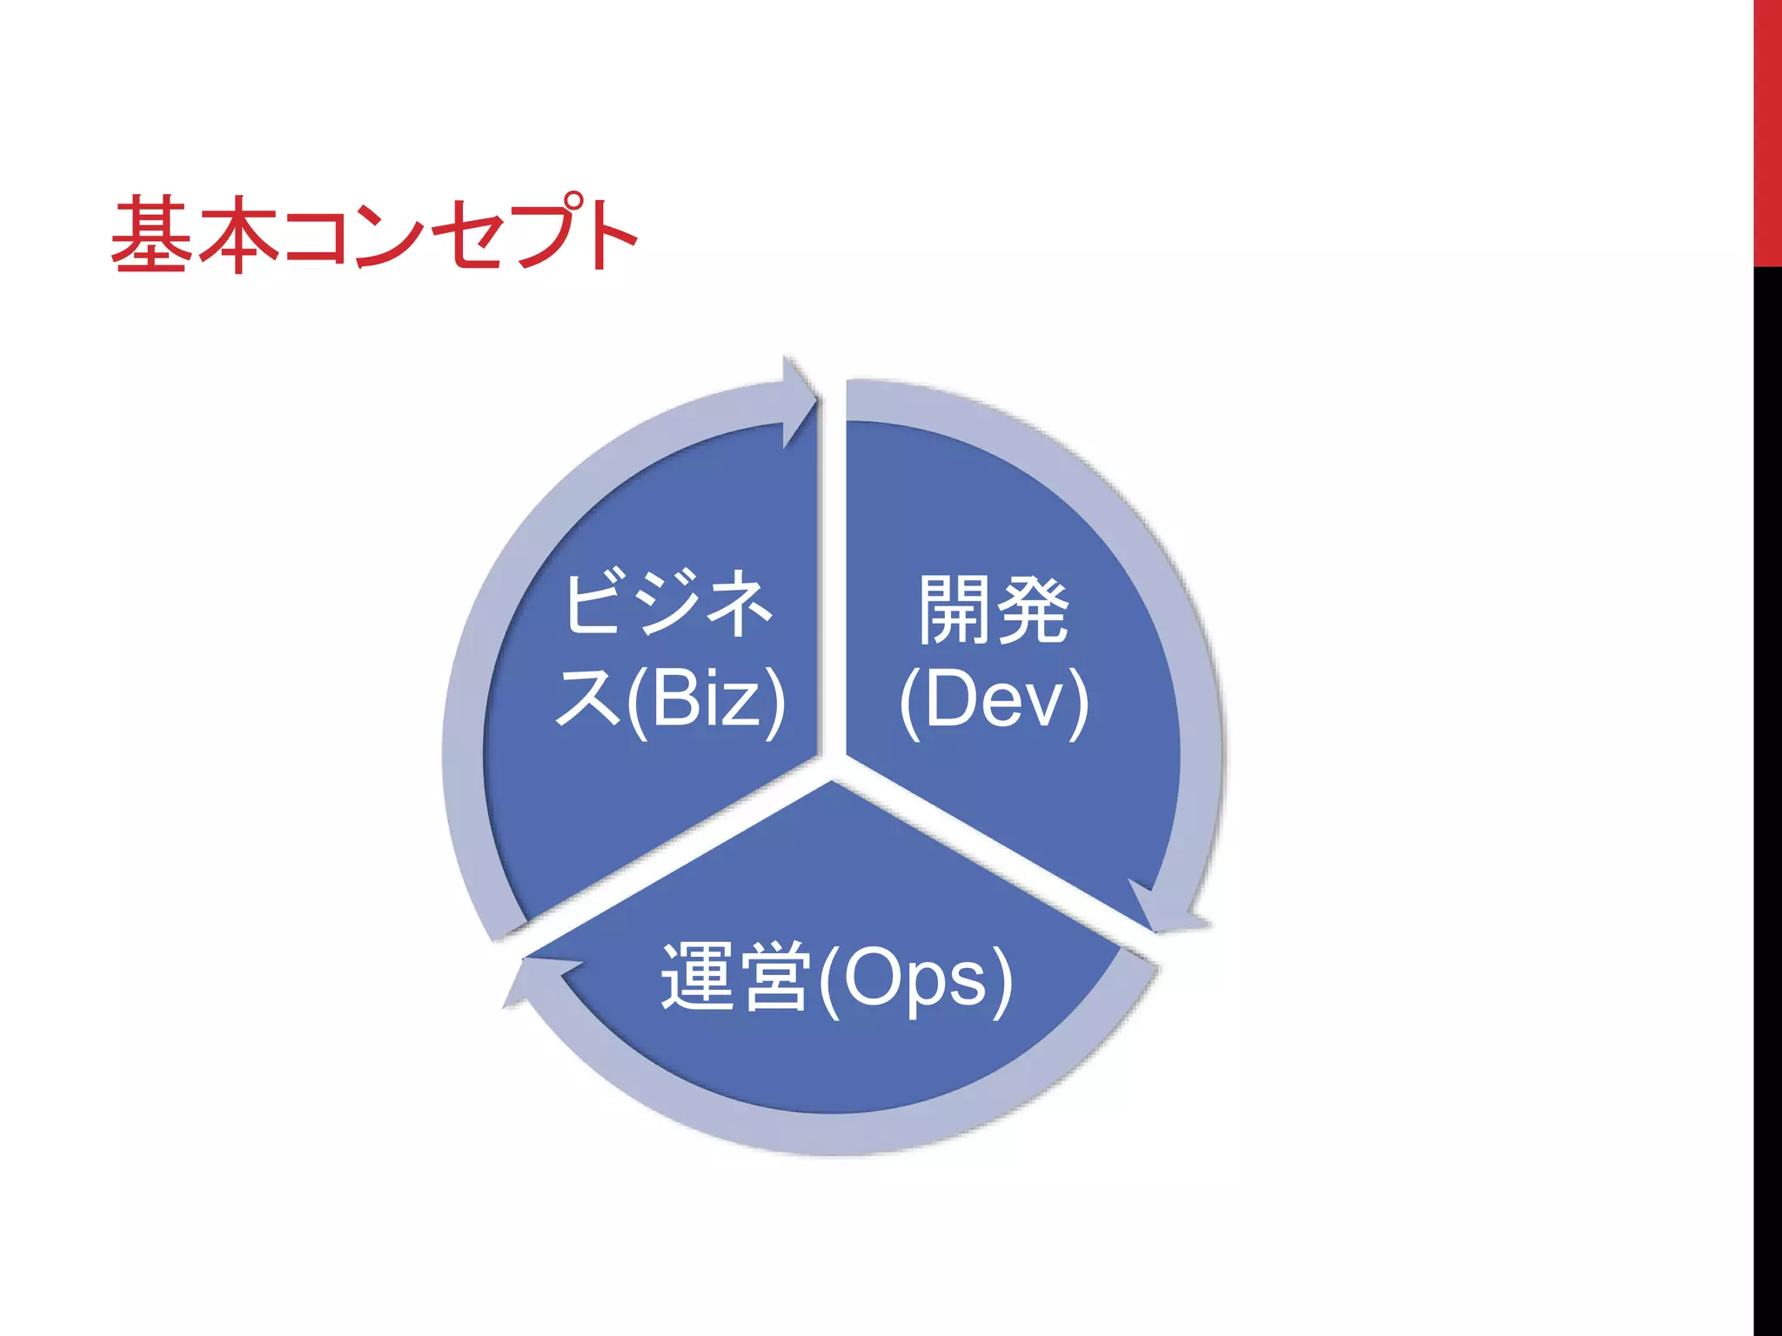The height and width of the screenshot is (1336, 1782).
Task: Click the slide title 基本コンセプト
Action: [x=374, y=233]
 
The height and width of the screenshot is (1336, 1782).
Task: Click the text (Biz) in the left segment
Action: [x=707, y=700]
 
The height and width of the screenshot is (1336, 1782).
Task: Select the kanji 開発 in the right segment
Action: [x=994, y=611]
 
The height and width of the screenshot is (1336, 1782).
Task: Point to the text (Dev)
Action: [x=994, y=700]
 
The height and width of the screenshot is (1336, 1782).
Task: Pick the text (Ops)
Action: [x=915, y=979]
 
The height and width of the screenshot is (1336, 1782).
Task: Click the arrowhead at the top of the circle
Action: [x=799, y=401]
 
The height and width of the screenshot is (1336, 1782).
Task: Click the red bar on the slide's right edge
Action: [x=1767, y=130]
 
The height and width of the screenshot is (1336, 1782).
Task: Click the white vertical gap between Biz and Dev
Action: [x=832, y=565]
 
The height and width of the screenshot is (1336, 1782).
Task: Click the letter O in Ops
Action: [x=874, y=978]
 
